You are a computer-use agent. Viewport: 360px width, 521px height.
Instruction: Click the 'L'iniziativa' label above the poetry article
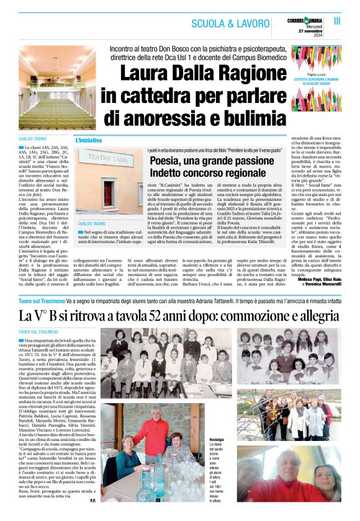[88, 140]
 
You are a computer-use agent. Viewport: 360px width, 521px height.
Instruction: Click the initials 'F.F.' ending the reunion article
[92, 501]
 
